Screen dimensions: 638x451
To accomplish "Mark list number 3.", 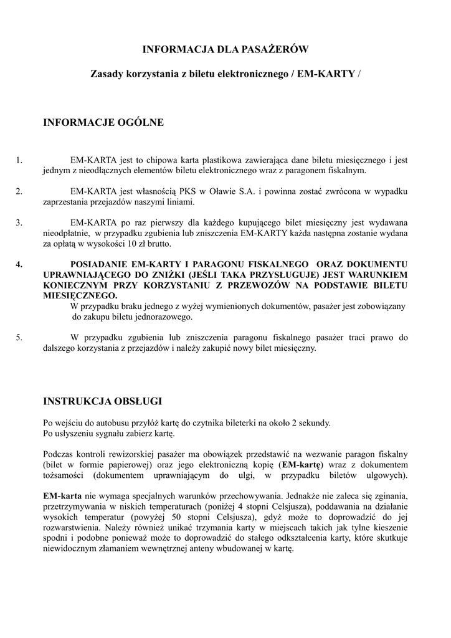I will tap(19, 222).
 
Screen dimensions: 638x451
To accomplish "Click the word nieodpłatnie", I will tap(65, 233).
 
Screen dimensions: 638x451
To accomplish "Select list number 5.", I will tap(19, 338).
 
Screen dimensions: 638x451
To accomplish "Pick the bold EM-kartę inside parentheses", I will tap(301, 464).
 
